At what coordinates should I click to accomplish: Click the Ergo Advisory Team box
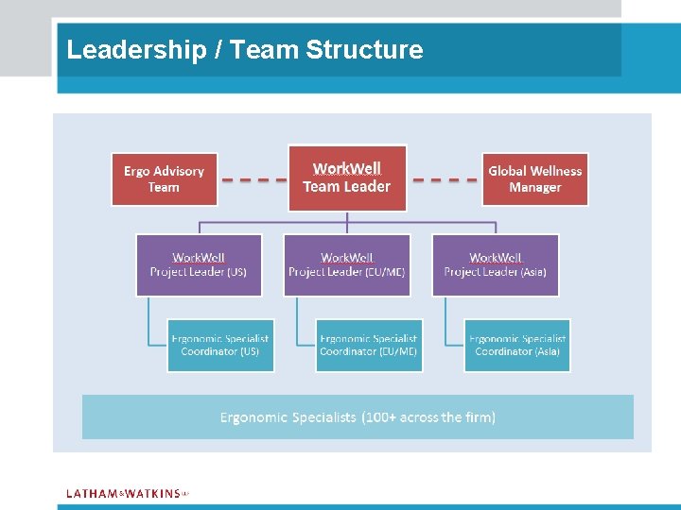(165, 179)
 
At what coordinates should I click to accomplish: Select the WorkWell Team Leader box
(347, 178)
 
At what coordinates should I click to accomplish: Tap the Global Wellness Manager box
(535, 179)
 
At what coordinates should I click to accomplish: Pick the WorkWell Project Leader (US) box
(199, 265)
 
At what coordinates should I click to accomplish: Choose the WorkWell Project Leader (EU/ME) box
(347, 265)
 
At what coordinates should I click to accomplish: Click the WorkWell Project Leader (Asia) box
(496, 265)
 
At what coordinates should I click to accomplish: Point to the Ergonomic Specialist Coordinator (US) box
(220, 345)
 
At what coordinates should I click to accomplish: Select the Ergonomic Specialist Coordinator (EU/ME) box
(369, 345)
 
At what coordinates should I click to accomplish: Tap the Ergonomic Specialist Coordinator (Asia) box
(517, 345)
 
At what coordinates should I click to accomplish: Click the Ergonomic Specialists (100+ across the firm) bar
(358, 416)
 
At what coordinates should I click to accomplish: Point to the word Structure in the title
(365, 50)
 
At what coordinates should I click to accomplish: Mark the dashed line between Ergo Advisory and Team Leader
(253, 179)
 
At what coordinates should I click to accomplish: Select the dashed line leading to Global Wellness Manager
(446, 179)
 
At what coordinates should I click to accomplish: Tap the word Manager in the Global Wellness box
(535, 188)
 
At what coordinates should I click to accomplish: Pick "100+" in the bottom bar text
(380, 416)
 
